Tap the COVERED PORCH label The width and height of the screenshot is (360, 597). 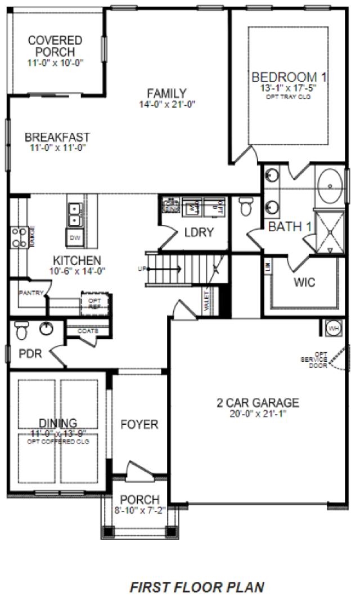[55, 46]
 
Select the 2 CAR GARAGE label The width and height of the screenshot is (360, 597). [258, 402]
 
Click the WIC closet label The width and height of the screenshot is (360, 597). [304, 281]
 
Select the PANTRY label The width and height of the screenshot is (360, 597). [30, 293]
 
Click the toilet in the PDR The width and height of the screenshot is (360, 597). [22, 330]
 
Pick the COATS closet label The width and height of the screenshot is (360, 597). [88, 331]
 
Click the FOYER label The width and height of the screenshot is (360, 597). [139, 424]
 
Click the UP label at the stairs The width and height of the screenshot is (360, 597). [141, 268]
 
